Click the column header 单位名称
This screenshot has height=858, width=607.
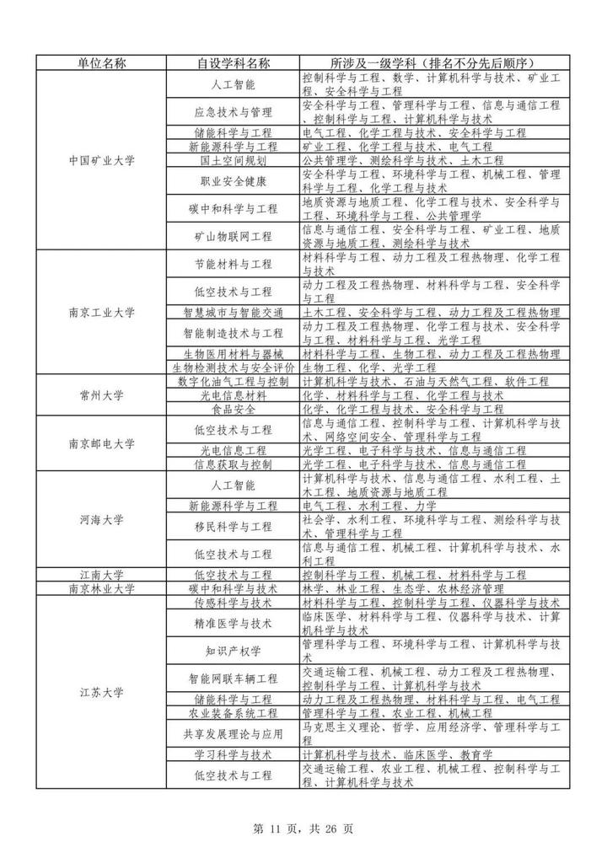coord(101,63)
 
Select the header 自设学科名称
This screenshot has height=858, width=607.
coord(233,63)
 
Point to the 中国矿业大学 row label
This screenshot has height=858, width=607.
coord(101,160)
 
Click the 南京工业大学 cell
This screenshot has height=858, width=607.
coord(101,313)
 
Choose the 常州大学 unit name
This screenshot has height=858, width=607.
coord(101,395)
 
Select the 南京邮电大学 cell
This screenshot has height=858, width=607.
coord(101,443)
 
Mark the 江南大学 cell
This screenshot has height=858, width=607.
coord(101,575)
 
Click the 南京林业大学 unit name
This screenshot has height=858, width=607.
coord(101,588)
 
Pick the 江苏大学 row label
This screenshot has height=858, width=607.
coord(101,693)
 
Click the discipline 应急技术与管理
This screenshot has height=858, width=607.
coord(233,112)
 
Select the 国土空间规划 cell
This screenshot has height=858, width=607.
coord(233,160)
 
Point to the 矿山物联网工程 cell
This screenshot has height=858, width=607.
coord(233,236)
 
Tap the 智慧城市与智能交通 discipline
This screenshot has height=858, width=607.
coord(233,313)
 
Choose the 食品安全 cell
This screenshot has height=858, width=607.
coord(233,410)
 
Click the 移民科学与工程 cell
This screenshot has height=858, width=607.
coord(233,527)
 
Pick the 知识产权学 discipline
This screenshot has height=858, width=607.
coord(233,652)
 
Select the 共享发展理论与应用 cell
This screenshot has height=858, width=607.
coord(233,733)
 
